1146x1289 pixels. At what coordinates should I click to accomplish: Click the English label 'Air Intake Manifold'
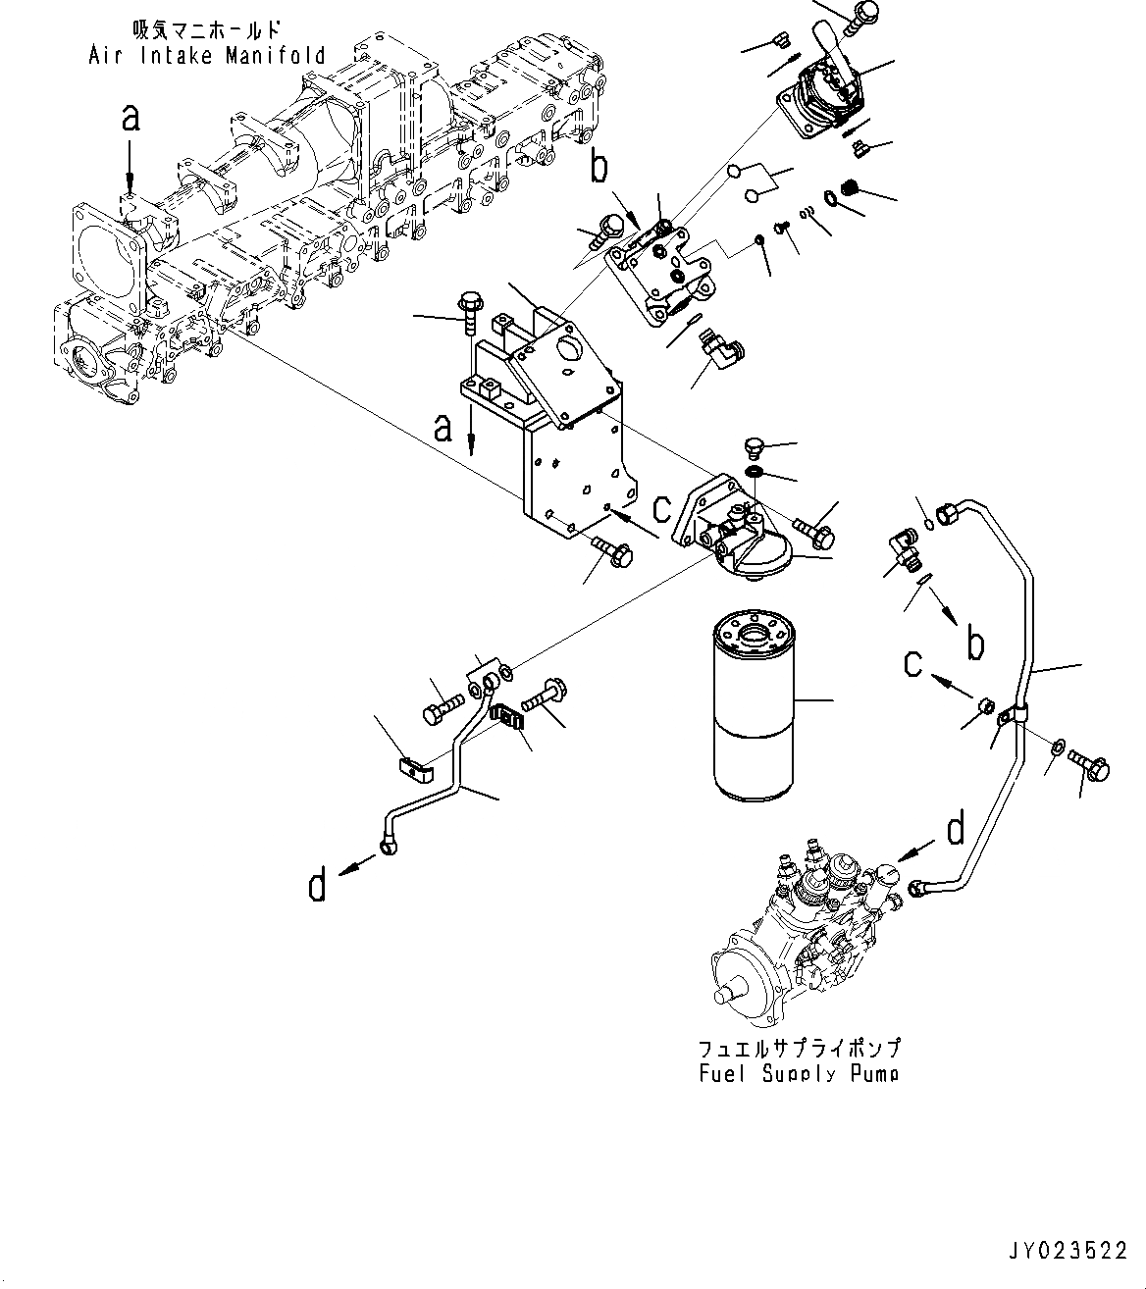206,55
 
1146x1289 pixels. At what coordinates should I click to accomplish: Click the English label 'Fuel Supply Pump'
799,1073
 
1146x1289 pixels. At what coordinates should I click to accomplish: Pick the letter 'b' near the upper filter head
599,169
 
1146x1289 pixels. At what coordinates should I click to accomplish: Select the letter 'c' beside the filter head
662,507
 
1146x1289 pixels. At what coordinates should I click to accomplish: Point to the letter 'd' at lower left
317,886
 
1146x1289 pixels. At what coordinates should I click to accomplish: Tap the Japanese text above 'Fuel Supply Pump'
799,1049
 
